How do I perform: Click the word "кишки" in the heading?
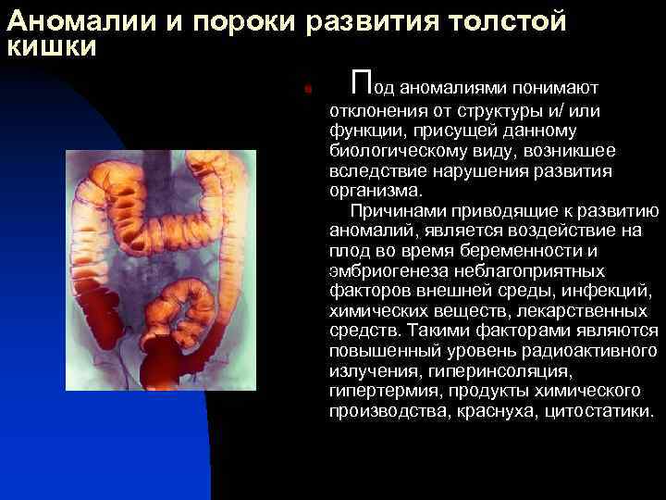click(x=50, y=46)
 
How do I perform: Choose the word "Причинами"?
click(x=401, y=210)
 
